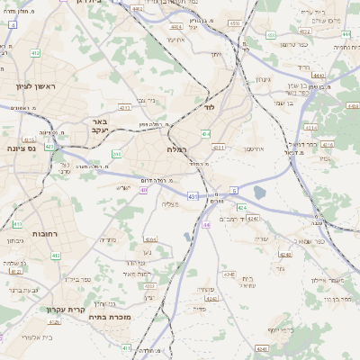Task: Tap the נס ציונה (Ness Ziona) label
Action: pos(26,148)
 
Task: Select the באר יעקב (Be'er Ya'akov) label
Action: pos(99,125)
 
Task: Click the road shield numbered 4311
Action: pos(219,147)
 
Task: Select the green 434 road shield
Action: pos(207,134)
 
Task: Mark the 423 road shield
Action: pos(49,145)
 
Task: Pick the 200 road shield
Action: pos(116,154)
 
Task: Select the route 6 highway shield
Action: pos(233,191)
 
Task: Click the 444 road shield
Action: pos(319,76)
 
